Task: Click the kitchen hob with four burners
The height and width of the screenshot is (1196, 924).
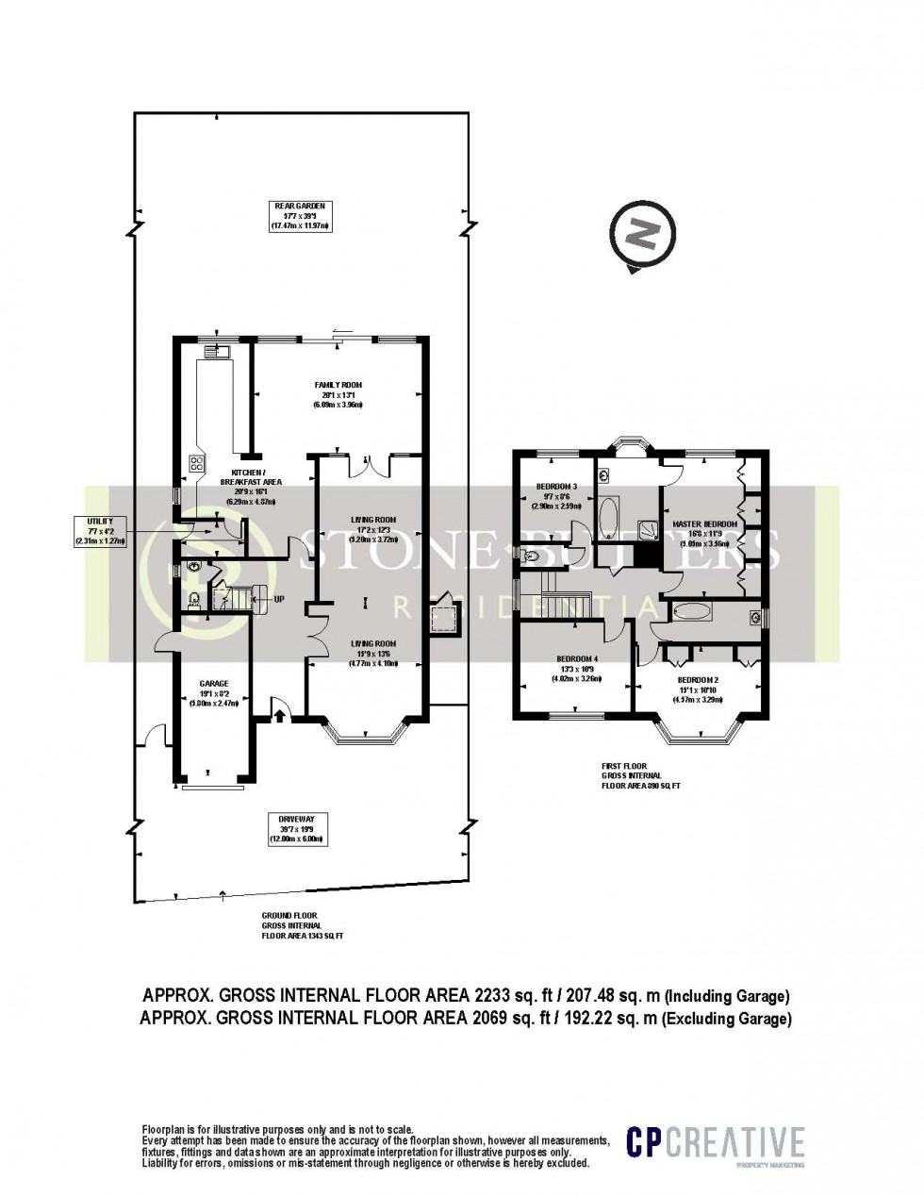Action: click(x=199, y=462)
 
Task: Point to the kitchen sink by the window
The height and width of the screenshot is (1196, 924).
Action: click(x=222, y=352)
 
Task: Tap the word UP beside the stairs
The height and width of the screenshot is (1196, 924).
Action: click(x=278, y=599)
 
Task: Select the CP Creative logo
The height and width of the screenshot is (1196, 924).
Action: click(x=717, y=1144)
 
